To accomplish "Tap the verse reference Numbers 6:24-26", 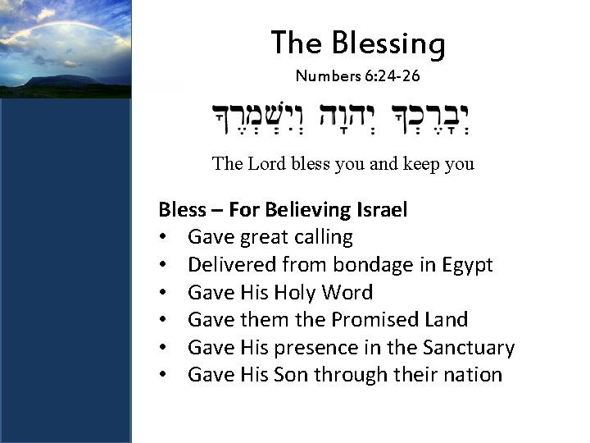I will [x=358, y=76].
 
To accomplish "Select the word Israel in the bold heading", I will [x=383, y=209].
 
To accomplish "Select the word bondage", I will [x=390, y=265].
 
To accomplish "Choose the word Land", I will [x=447, y=320].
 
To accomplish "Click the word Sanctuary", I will [x=468, y=348].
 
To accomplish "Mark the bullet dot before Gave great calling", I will [x=164, y=238].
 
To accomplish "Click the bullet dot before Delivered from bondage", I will [x=164, y=266].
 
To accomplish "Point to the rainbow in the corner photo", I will [x=49, y=25].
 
